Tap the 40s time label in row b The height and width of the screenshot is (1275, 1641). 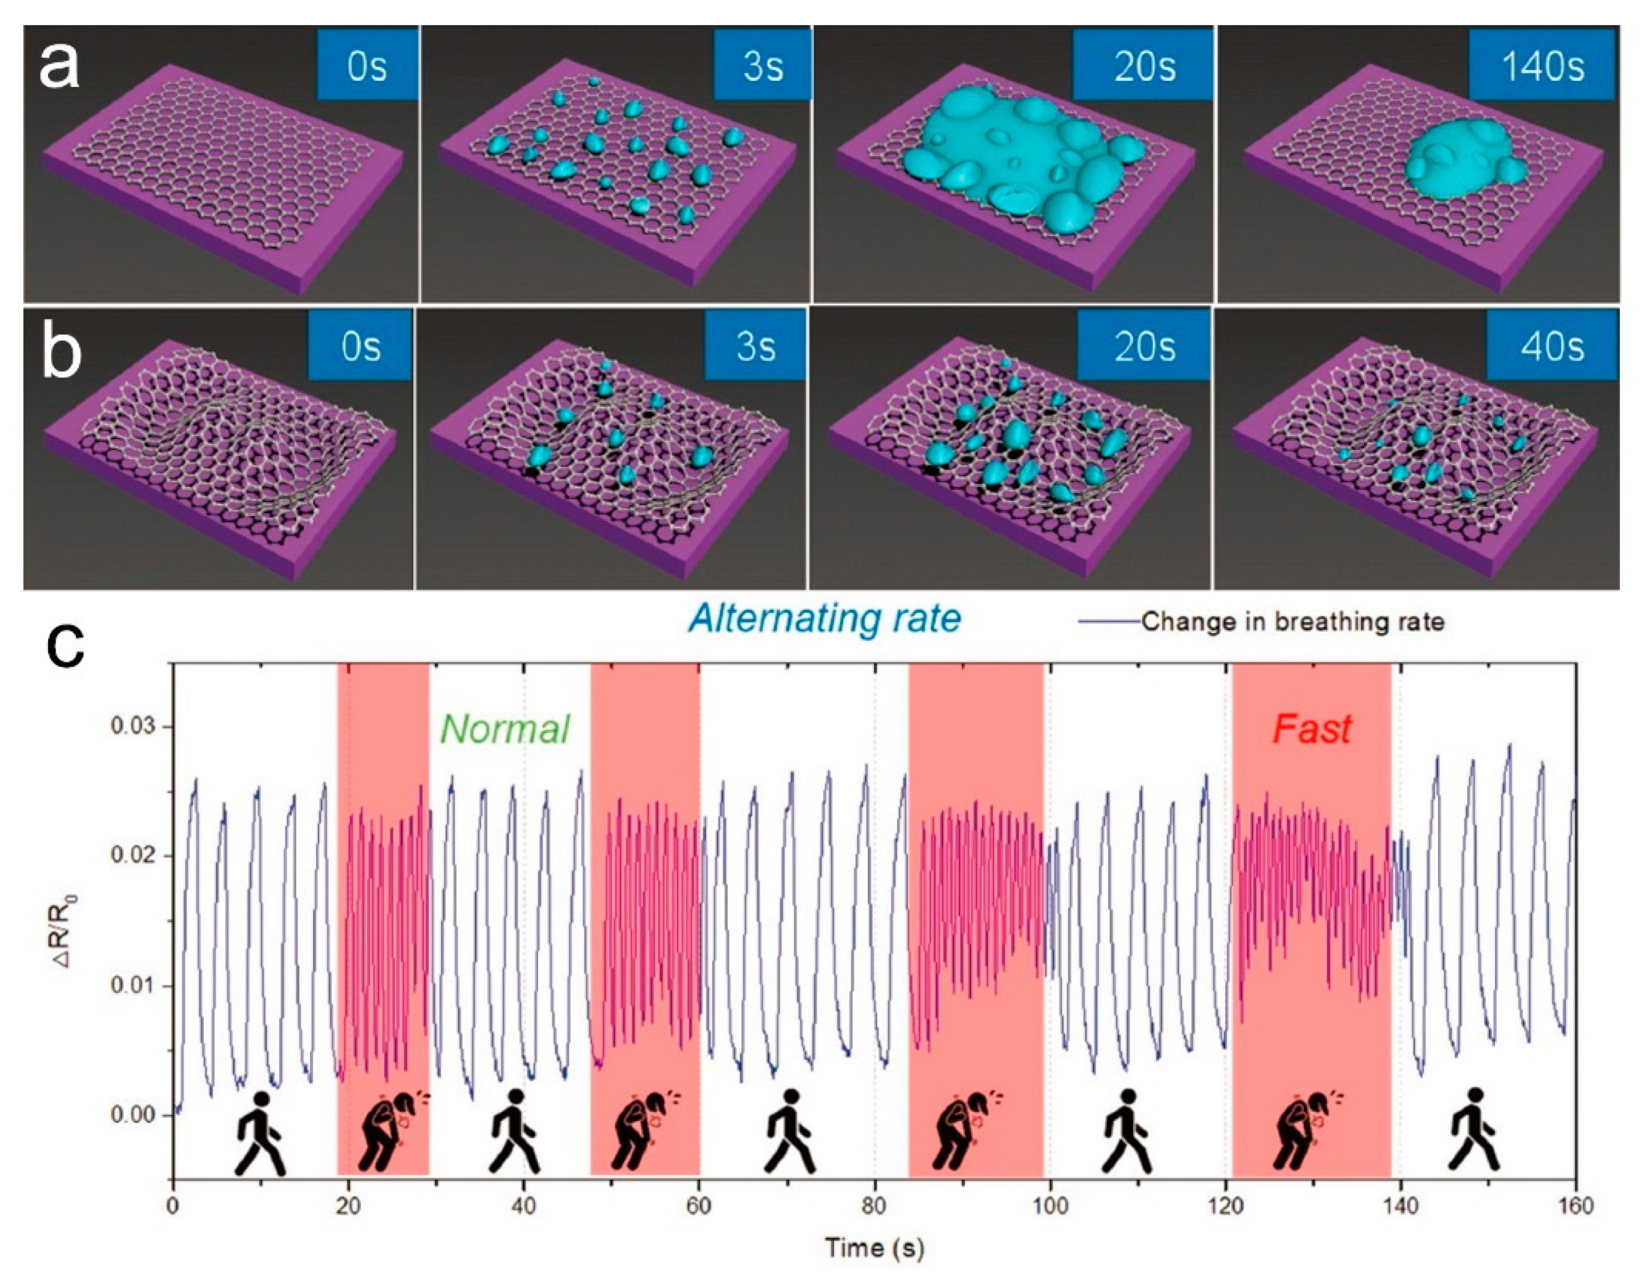click(1550, 346)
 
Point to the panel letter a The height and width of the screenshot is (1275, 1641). click(59, 66)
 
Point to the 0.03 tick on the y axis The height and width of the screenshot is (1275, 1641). click(131, 727)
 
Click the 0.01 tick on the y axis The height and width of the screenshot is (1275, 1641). click(131, 985)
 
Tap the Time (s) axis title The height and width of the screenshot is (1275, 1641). click(875, 1247)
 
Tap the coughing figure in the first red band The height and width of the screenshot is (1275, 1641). click(391, 1131)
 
